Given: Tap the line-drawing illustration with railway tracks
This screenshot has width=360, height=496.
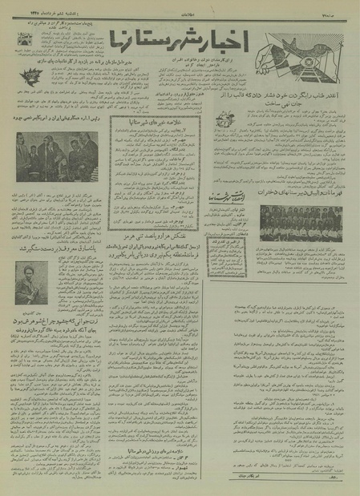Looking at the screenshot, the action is coord(309,43).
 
